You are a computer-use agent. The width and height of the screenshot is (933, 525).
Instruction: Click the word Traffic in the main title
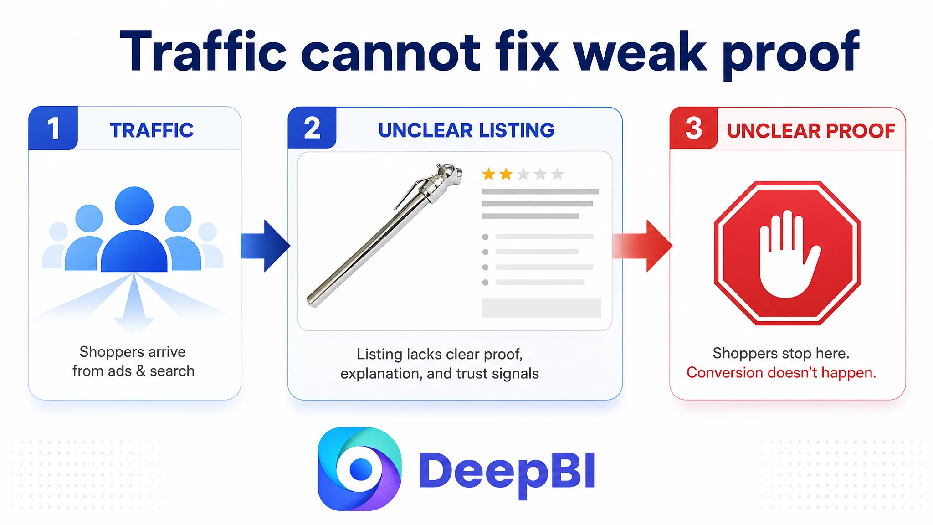[x=203, y=51]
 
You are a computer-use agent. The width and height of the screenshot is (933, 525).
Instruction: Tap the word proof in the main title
[x=791, y=54]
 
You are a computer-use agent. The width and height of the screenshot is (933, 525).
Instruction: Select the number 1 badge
[x=53, y=128]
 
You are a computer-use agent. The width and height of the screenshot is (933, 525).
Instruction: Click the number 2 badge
[x=312, y=128]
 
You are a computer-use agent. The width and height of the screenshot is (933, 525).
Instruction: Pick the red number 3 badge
[x=693, y=128]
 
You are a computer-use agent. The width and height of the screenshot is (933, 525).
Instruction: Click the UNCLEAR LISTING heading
[x=466, y=130]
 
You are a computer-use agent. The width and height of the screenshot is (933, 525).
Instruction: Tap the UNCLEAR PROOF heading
[x=811, y=131]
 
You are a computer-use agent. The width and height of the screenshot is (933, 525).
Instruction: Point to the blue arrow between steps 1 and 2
[x=266, y=246]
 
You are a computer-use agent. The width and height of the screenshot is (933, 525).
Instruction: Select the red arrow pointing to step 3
[x=642, y=246]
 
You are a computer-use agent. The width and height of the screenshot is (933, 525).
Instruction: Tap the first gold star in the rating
[x=489, y=174]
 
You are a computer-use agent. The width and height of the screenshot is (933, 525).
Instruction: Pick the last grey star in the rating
[x=557, y=174]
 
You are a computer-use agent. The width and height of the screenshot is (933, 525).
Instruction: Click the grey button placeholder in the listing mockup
[x=541, y=308]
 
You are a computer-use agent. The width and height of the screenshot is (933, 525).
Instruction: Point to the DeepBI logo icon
[x=359, y=469]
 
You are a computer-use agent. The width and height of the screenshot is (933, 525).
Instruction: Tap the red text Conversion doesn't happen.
[x=781, y=372]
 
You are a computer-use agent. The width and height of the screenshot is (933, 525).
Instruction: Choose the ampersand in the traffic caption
[x=141, y=371]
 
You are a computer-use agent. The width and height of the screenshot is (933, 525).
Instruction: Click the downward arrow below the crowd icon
[x=134, y=303]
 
